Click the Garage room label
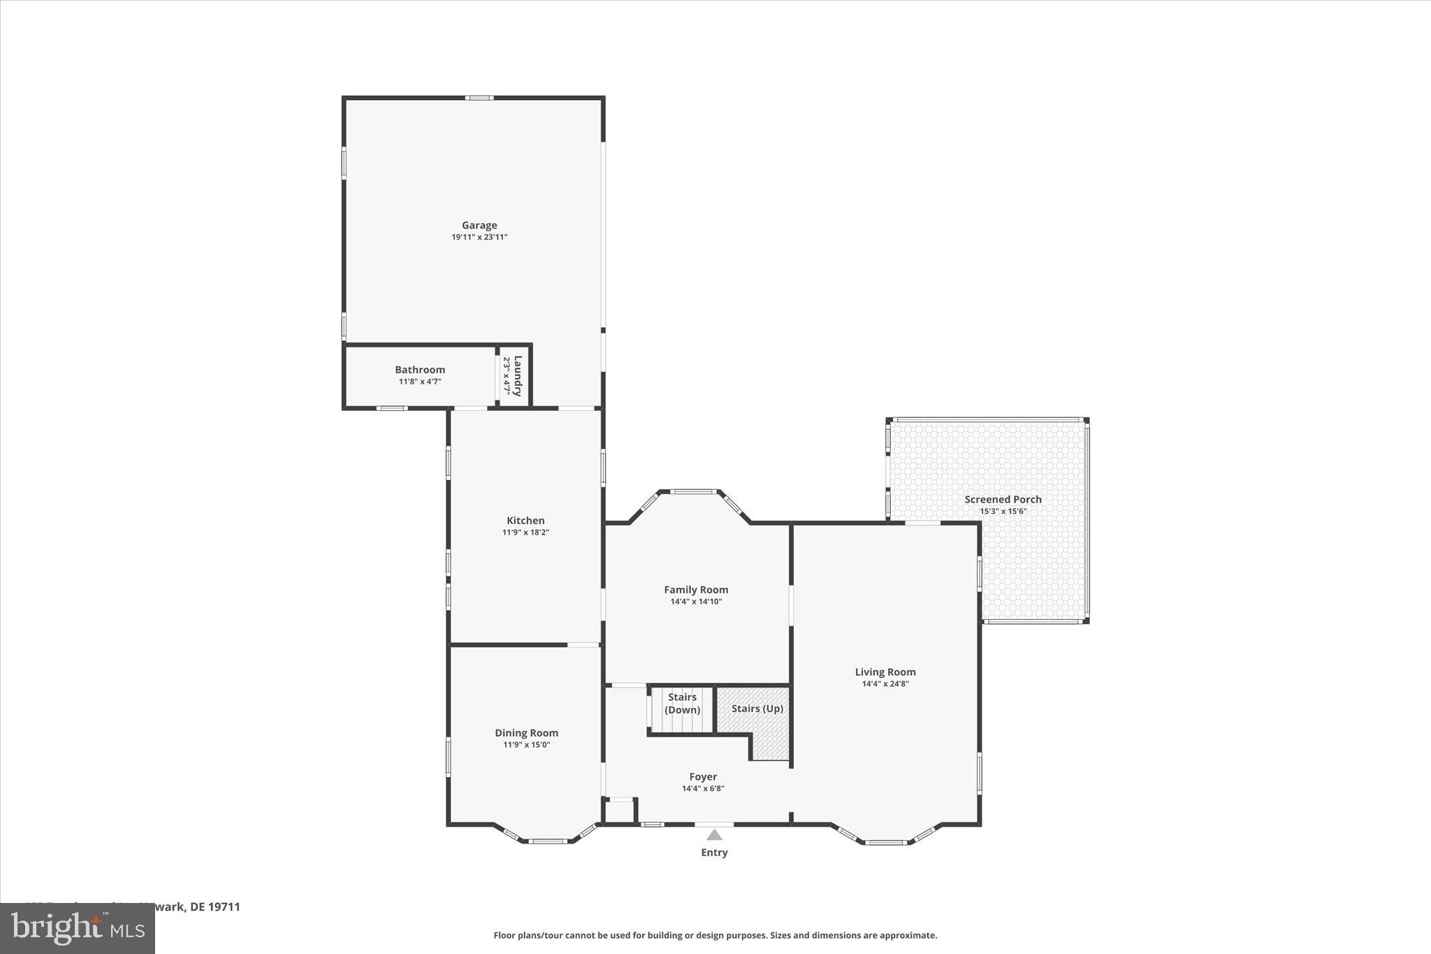point(479,225)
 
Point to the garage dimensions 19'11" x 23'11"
point(479,238)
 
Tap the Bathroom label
point(420,370)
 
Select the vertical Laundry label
point(518,376)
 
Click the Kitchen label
point(525,521)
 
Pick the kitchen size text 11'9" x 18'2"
point(525,533)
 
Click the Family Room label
point(696,590)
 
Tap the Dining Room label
point(526,733)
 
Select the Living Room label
point(885,672)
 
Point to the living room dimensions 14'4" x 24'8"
point(885,684)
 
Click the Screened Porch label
point(1003,500)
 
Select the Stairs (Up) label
point(757,709)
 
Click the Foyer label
point(703,777)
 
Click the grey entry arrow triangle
point(714,834)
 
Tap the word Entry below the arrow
point(714,853)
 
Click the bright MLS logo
point(78,928)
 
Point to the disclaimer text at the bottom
point(715,935)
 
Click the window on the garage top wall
point(479,98)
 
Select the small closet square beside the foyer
point(619,811)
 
